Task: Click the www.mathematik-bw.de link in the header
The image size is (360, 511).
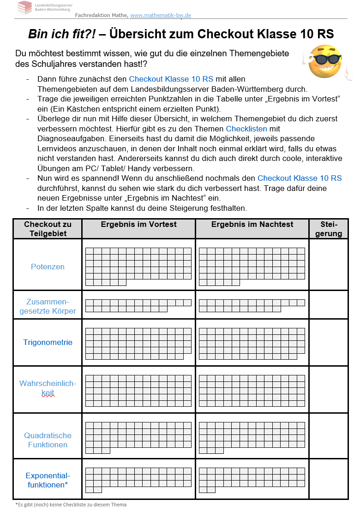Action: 160,15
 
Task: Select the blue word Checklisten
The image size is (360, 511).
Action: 246,129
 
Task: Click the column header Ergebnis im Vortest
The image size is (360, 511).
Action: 138,224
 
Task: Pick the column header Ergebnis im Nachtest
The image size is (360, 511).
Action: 252,224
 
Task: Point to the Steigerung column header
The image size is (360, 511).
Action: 329,229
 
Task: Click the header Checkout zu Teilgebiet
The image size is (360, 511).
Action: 48,229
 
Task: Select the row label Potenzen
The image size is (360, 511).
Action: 48,267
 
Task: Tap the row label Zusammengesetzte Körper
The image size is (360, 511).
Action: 48,306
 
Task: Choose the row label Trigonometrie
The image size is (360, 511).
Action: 48,342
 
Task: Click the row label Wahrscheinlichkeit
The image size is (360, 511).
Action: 48,388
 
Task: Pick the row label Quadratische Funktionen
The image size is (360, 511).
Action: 48,440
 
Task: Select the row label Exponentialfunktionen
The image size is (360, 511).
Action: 48,480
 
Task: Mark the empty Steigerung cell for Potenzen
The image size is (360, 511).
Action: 329,265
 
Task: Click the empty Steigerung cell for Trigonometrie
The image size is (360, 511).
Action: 329,343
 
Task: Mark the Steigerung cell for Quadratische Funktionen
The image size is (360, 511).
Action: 329,436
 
